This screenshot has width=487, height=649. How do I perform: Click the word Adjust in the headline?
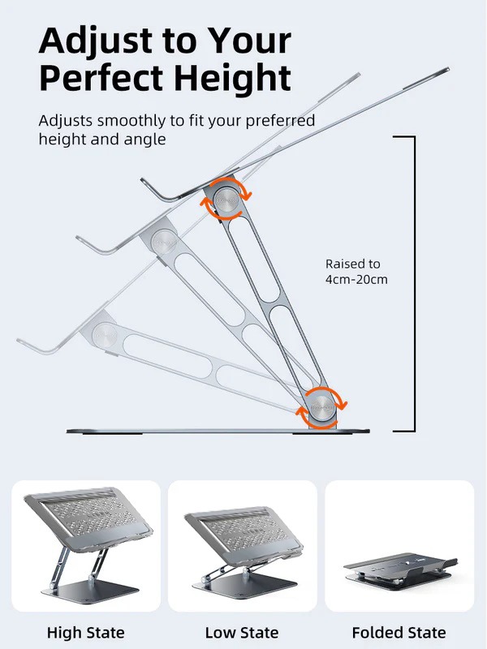click(92, 40)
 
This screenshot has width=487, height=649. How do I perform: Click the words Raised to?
click(352, 264)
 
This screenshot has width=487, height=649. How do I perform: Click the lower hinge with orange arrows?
click(322, 406)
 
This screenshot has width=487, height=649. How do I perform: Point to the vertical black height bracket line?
click(415, 284)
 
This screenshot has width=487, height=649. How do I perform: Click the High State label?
click(86, 632)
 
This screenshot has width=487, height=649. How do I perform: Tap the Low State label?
click(242, 632)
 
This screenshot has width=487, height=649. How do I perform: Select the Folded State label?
click(399, 632)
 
